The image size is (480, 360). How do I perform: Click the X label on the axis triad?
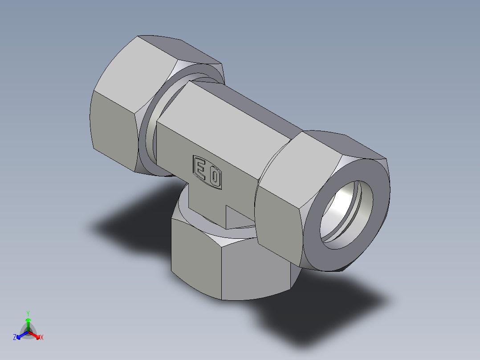tap(42, 338)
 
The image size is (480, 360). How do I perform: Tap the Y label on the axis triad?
tap(28, 313)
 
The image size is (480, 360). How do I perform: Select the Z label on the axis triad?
tap(15, 338)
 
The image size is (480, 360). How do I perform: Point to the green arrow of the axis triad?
tap(28, 323)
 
